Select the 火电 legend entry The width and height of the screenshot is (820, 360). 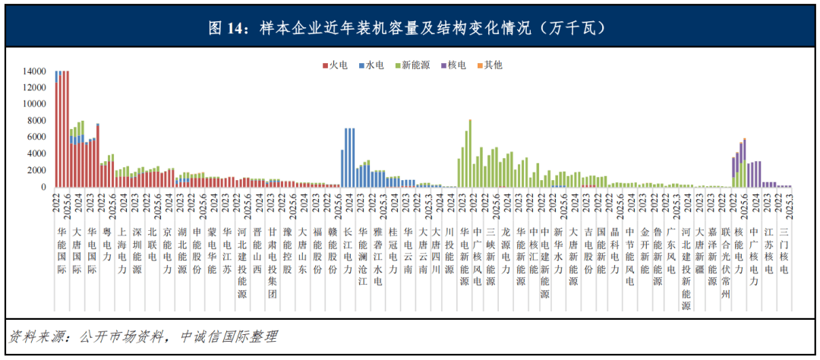(333, 65)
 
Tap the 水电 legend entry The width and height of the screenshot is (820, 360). (373, 65)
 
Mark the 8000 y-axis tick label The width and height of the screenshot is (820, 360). (37, 121)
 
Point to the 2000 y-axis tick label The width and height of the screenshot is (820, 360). (37, 171)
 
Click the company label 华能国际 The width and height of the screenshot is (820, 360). (62, 251)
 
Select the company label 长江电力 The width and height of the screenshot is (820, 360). (348, 251)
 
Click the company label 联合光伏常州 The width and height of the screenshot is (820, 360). (725, 258)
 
